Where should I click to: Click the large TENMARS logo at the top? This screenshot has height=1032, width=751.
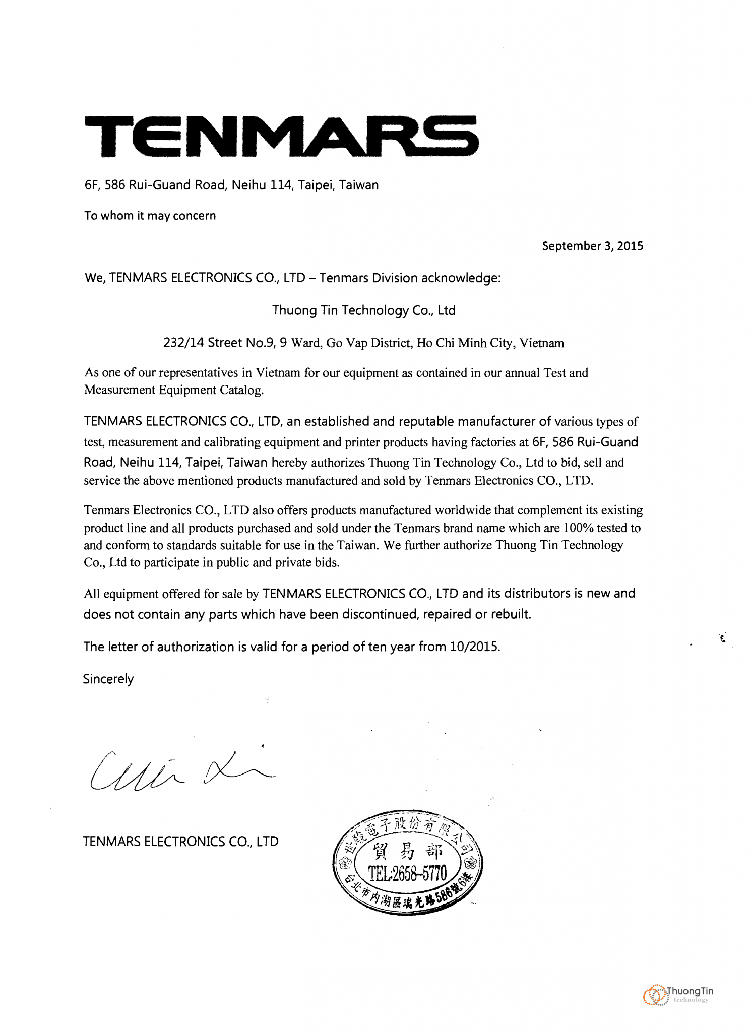(x=281, y=136)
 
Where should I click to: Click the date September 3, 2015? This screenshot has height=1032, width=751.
(x=592, y=246)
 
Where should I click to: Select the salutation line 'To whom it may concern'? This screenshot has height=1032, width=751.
(x=150, y=216)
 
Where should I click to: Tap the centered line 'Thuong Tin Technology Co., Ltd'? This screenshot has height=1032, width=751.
(x=363, y=310)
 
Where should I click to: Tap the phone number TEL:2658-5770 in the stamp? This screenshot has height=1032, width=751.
(x=407, y=873)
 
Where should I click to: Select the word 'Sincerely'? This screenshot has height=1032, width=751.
(x=108, y=679)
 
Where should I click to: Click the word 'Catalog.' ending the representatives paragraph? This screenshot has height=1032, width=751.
(x=243, y=390)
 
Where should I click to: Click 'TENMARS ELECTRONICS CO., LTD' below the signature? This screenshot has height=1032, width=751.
(x=180, y=842)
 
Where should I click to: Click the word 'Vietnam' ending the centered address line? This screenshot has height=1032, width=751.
(x=542, y=343)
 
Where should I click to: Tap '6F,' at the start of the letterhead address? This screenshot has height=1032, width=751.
(x=93, y=185)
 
